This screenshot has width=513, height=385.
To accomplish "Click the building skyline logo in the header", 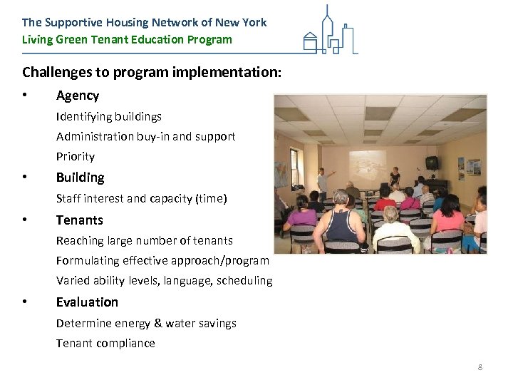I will coord(328,31).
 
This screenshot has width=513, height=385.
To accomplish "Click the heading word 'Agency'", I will coord(78,96).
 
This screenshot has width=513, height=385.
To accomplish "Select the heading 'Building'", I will coord(80,178).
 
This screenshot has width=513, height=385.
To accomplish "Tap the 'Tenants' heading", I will coord(79,220).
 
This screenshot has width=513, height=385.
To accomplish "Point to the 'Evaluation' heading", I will coord(87,302).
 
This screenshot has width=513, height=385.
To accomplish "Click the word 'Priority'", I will coord(75,156).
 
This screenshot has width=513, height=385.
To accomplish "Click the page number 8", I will coord(480,366).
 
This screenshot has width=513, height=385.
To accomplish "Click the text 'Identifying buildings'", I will coord(108,116).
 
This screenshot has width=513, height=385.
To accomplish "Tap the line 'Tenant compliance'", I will coord(105,343).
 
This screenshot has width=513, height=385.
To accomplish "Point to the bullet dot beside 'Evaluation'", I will coord(25,302).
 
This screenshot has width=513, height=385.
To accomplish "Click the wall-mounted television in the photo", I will coord(431,162).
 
